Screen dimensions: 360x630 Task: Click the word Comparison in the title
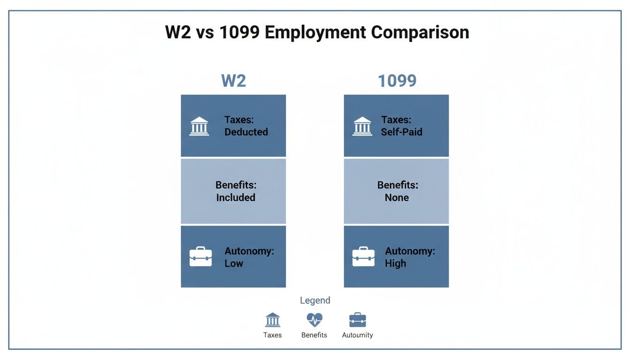pos(420,33)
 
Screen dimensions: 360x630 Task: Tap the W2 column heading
pos(233,81)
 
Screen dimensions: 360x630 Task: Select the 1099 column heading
pos(397,81)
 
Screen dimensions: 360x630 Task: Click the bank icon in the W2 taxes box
pos(199,126)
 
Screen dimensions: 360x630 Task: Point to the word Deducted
pos(246,132)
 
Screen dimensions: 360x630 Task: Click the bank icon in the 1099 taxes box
pos(362,126)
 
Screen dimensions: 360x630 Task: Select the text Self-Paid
pos(402,132)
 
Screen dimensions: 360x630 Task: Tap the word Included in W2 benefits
pos(236,198)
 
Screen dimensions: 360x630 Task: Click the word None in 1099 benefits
pos(397,198)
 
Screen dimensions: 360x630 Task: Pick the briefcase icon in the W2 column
pos(201,257)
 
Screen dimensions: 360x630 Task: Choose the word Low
pos(233,263)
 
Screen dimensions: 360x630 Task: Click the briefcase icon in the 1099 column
pos(363,257)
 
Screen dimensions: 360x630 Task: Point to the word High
pos(396,263)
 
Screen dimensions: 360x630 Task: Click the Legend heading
pos(315,300)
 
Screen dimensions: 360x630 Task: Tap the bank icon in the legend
pos(272,320)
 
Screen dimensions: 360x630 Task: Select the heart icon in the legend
pos(315,320)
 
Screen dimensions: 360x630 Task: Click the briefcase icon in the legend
pos(358,320)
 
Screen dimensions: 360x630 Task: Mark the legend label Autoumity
pos(358,335)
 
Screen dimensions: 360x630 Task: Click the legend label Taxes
pos(272,335)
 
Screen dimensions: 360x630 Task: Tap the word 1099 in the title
pos(237,33)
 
